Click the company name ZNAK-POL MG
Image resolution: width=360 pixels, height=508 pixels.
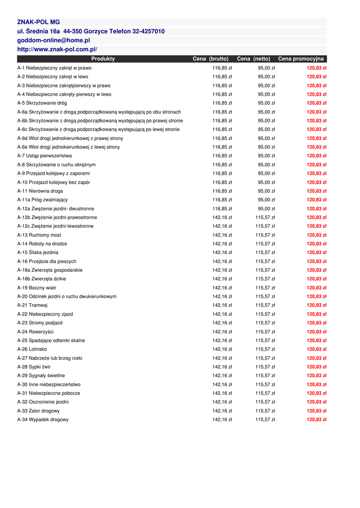pos(38,22)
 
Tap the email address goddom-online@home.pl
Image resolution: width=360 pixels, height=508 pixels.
pos(54,40)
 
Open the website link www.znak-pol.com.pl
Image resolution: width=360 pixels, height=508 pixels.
pos(57,49)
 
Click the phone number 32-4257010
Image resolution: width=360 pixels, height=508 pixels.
pos(148,31)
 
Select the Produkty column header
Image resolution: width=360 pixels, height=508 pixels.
pos(103,59)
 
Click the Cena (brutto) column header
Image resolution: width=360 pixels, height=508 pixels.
pos(211,59)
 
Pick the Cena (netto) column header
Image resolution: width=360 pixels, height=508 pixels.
pos(254,59)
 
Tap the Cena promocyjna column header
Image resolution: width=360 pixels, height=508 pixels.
pos(301,59)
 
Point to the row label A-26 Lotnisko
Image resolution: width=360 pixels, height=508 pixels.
pos(32,349)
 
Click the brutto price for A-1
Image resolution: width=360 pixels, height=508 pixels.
pos(222,68)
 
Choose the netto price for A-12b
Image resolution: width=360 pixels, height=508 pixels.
pos(265,217)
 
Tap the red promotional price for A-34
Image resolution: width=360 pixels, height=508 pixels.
pos(316,420)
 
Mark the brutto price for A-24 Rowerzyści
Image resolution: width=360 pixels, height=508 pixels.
pos(222,332)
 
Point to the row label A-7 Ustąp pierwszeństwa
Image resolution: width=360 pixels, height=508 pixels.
pos(44,156)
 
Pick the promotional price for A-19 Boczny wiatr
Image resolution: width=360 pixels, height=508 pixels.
pos(316,288)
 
